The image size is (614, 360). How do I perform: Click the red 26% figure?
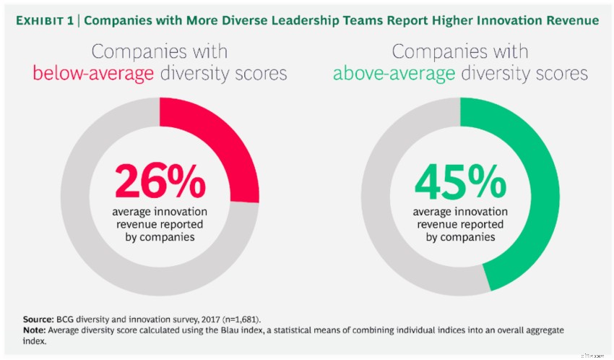[x=159, y=184]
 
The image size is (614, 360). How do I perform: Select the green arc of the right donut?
[x=535, y=202]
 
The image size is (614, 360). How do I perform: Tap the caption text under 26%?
[x=159, y=224]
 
